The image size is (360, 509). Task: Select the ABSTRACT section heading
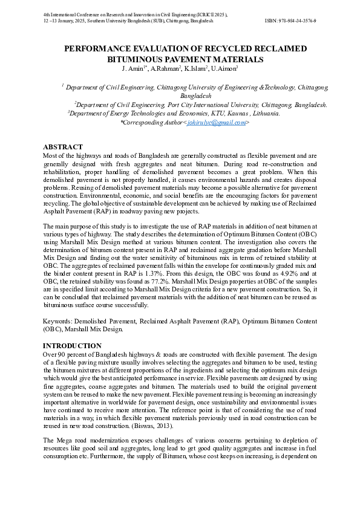[63, 147]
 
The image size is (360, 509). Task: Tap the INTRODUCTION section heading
[72, 346]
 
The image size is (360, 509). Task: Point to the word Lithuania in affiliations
[265, 113]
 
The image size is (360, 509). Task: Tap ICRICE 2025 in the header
[206, 13]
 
